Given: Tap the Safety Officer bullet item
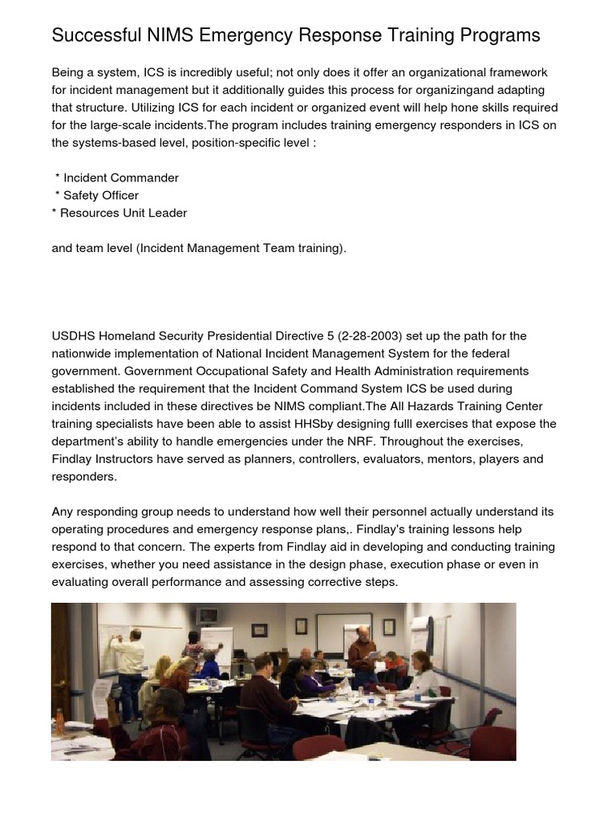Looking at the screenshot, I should click(100, 195).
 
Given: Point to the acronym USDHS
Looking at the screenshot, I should click(71, 336).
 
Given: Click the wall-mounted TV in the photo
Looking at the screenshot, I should click(208, 616).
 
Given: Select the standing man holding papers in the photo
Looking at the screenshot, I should click(362, 654).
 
